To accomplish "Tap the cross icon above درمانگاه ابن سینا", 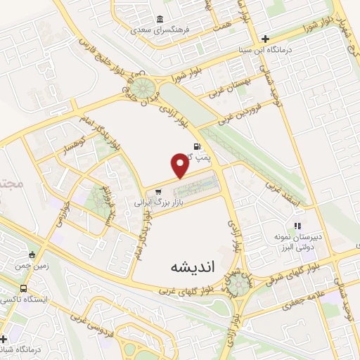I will tap(265, 39).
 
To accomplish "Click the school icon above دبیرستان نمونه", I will tap(297, 226).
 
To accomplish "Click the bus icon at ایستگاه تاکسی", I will tap(25, 288).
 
